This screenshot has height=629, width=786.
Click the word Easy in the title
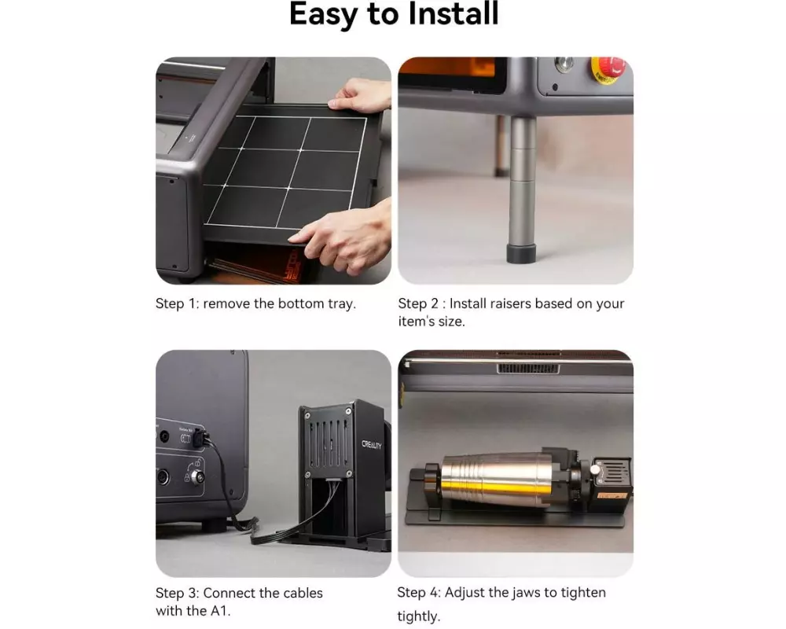[323, 15]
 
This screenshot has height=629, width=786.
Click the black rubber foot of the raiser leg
[522, 253]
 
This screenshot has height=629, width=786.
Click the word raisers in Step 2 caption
[510, 303]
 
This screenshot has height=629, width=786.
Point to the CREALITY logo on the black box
[372, 444]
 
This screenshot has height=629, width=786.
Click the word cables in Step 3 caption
[303, 593]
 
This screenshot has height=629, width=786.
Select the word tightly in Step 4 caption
[417, 616]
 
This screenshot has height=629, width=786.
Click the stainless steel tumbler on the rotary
[496, 479]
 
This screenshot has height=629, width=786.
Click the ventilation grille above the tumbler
[528, 369]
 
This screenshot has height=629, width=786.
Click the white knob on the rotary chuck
[594, 470]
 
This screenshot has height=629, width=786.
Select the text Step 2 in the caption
[417, 304]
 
